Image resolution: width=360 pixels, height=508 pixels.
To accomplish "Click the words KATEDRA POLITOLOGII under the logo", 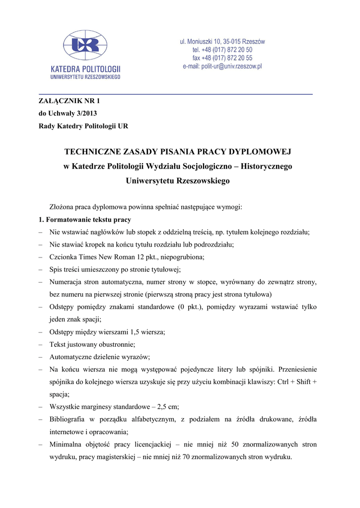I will pos(85,69).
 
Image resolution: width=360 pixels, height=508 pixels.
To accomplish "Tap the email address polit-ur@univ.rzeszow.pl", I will pos(222,66).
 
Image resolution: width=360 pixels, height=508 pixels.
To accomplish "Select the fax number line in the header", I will pos(222,58).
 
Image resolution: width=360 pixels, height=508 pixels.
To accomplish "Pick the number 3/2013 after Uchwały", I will pos(83,113).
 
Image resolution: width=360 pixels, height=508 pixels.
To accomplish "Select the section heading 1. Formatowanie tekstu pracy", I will pos(85,219).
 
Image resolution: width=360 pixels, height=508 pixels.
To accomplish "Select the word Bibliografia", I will pos(69,419).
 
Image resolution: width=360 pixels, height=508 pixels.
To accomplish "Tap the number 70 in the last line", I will pos(188,456).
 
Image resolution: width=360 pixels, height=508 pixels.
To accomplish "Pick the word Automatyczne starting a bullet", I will pos(72,357).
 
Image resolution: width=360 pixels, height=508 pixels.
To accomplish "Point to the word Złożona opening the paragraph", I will pos(62,207).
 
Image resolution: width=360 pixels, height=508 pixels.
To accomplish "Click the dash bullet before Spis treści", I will pos(40,269).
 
